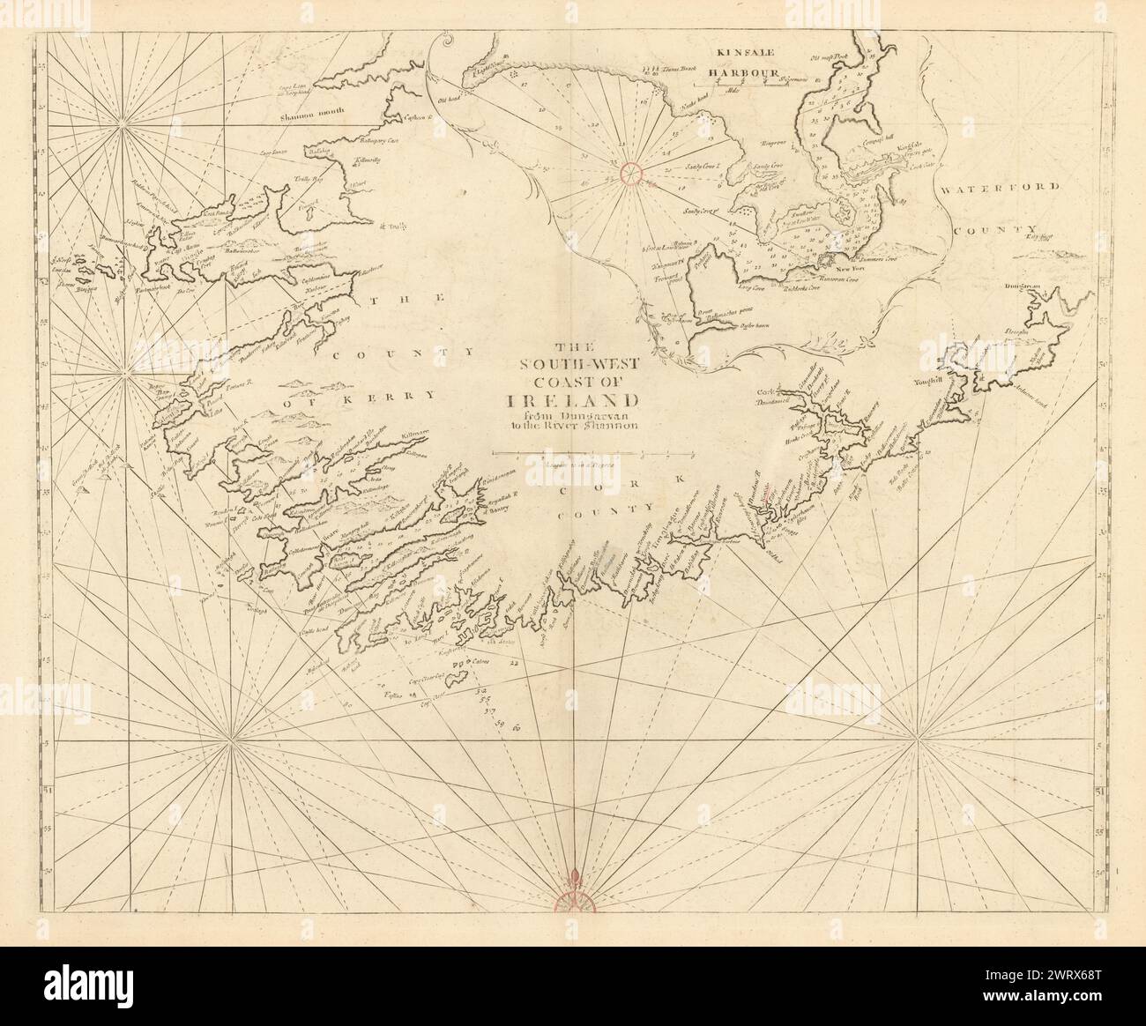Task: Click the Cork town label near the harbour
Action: tap(764, 390)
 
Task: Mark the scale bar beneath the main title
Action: tap(592, 455)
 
